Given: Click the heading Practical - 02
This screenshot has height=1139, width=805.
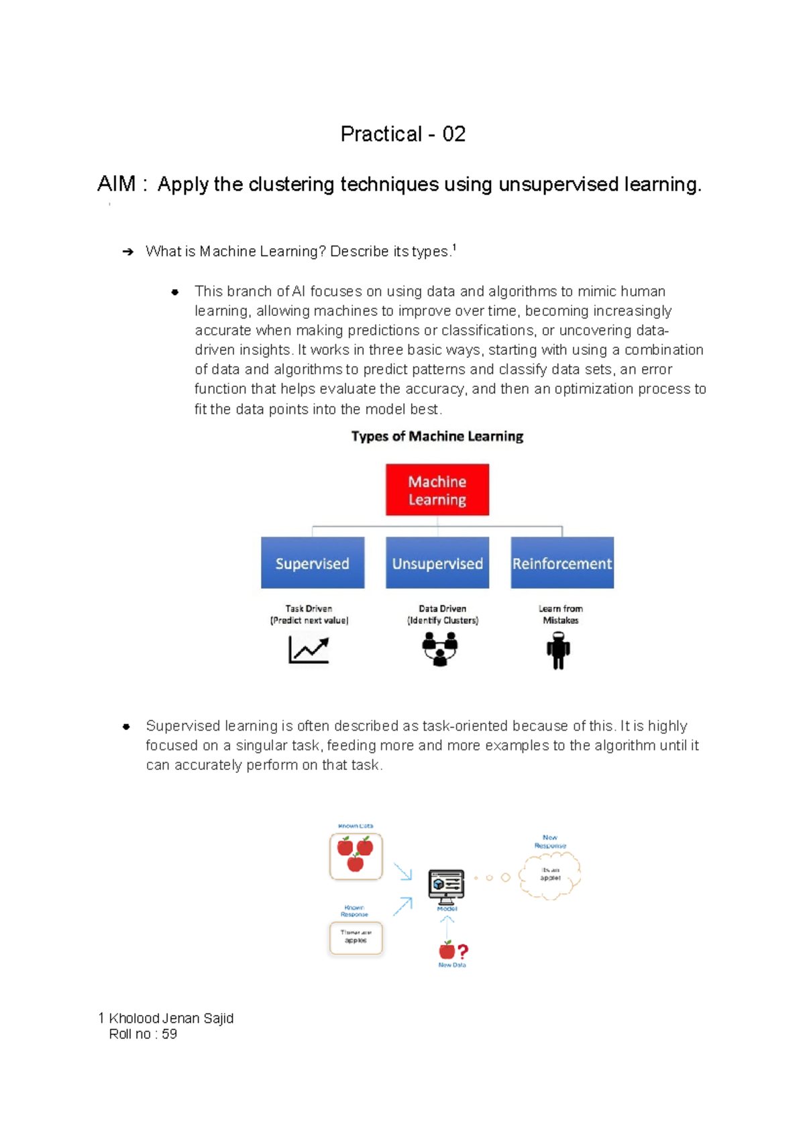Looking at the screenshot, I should [x=402, y=134].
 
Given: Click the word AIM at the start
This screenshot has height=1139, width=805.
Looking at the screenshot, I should [x=116, y=184].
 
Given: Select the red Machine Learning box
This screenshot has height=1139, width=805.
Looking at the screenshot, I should [x=437, y=490].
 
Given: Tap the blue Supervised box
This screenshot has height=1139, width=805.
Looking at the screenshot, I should [x=313, y=563].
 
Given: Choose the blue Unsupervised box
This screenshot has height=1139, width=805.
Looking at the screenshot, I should [x=437, y=563].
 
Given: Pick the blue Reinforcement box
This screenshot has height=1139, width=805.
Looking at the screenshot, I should [x=562, y=563].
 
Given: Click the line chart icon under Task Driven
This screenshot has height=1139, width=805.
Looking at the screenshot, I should [x=309, y=649].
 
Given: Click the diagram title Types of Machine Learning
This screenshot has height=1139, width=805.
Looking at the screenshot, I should [x=437, y=437].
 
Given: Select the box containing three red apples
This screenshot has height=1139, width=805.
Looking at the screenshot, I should [x=356, y=856].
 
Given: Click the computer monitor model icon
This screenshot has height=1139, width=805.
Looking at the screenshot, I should [x=447, y=885].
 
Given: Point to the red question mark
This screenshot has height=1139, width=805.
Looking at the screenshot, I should [x=463, y=951].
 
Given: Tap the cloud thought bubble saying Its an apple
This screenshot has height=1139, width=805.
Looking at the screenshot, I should [x=550, y=875].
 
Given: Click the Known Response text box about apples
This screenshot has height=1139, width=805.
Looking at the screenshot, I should [x=356, y=937].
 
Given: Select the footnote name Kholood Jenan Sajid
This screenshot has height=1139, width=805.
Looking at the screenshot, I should [x=171, y=1018].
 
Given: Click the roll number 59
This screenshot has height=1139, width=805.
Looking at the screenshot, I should [x=170, y=1034].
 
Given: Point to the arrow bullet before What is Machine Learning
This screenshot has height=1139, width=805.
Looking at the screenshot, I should [x=127, y=252].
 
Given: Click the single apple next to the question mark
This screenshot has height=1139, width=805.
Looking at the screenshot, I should [x=447, y=950].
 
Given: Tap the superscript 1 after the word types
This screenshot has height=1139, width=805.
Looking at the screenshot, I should [x=454, y=248].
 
